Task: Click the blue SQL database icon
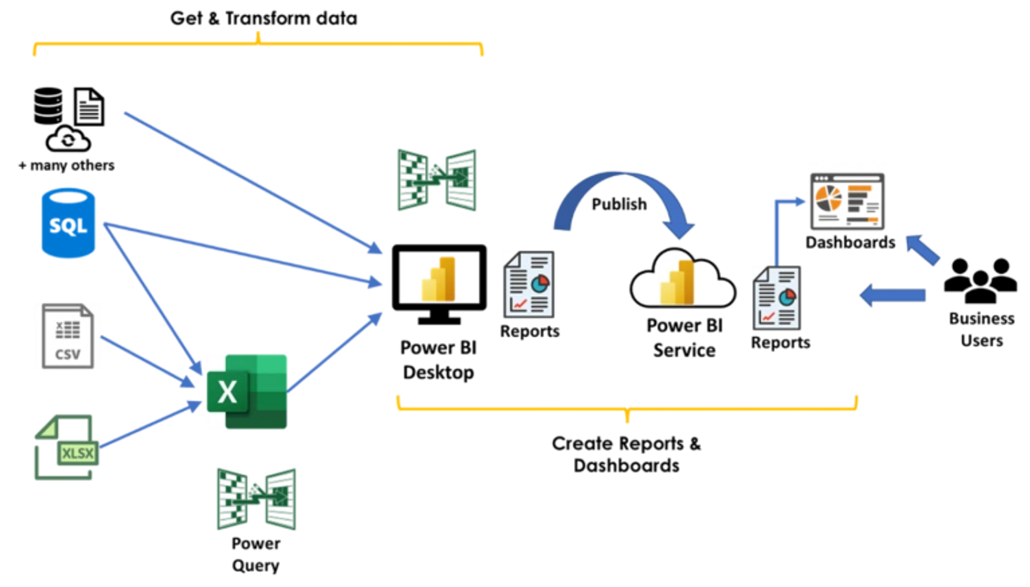pyautogui.click(x=68, y=222)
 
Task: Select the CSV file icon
pyautogui.click(x=68, y=335)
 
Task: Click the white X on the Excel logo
pyautogui.click(x=227, y=391)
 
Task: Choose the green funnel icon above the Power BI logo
pyautogui.click(x=436, y=180)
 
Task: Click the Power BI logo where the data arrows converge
pyautogui.click(x=438, y=277)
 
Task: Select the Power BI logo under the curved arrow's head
pyautogui.click(x=677, y=281)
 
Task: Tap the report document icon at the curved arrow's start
pyautogui.click(x=528, y=283)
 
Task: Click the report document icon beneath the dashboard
pyautogui.click(x=776, y=297)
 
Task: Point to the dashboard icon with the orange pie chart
pyautogui.click(x=847, y=201)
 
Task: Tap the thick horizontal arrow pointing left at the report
pyautogui.click(x=892, y=296)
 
